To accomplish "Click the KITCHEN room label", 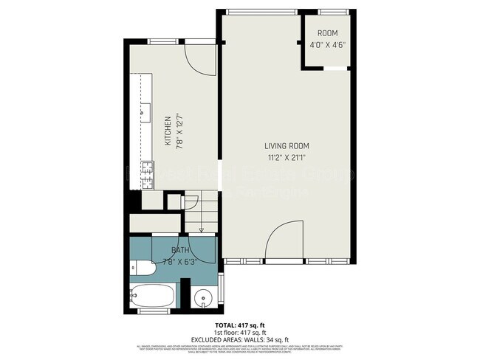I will coord(168,130).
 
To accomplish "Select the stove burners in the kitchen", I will coord(146,167).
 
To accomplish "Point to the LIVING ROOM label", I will coord(289,145).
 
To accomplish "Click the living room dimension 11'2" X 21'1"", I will coord(289,156).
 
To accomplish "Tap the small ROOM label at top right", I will coord(326,34).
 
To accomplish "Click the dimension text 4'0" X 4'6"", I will coord(326,44).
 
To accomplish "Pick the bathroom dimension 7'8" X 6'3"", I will coord(180,261).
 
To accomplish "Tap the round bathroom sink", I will coord(203,300).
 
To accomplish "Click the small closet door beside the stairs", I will coord(174,201).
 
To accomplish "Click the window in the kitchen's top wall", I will coord(166,41).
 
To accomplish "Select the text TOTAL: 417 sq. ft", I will coord(239,324).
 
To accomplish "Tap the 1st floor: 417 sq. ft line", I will coord(239,331).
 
